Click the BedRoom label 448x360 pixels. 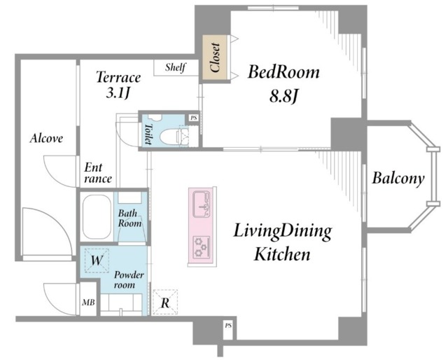(x=283, y=71)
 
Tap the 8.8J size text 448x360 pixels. (x=283, y=97)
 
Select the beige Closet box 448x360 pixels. (x=215, y=58)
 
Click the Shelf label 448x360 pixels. (x=175, y=67)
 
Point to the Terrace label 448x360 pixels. (x=118, y=77)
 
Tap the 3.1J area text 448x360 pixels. (x=118, y=93)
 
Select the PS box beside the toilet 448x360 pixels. (x=194, y=118)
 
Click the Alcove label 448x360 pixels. (x=46, y=138)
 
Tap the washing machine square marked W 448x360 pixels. (x=97, y=261)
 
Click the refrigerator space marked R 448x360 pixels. (x=165, y=303)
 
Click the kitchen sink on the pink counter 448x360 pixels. (x=202, y=205)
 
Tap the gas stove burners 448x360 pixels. (x=202, y=247)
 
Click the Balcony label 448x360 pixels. (x=398, y=179)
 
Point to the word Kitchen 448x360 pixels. (x=282, y=254)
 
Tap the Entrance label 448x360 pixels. (x=97, y=173)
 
